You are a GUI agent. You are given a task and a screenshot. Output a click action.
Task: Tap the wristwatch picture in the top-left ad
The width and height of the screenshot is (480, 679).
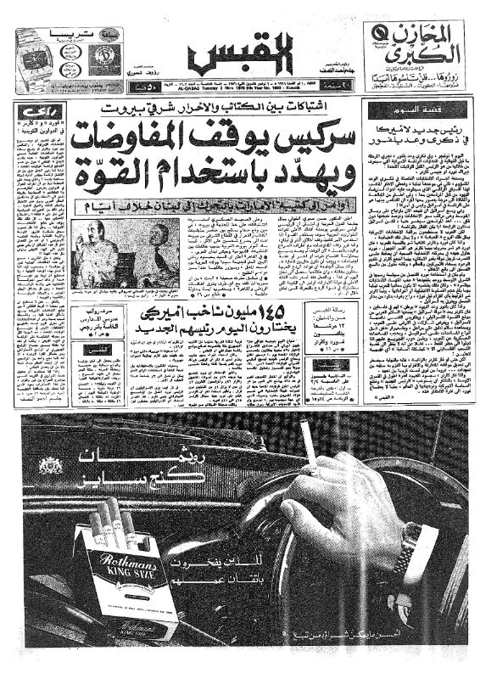[33, 54]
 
